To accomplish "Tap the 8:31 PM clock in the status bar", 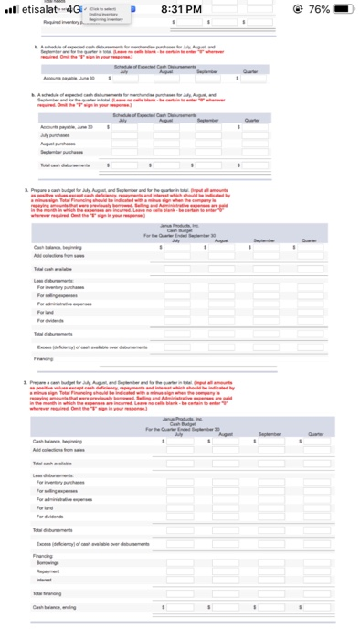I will tap(180, 9).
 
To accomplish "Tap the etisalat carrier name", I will tap(37, 9).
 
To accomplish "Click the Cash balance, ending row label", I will tap(50, 605).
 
